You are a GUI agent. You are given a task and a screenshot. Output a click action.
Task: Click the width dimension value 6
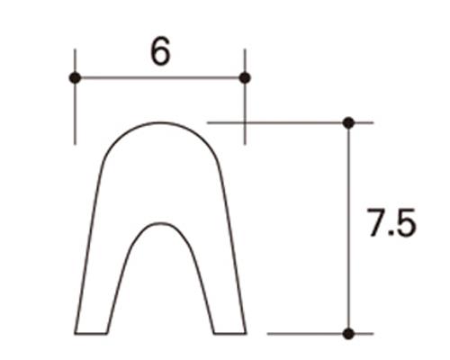pos(160,52)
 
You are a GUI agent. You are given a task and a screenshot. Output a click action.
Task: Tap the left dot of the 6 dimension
pos(75,78)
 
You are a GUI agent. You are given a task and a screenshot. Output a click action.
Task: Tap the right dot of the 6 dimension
pos(245,78)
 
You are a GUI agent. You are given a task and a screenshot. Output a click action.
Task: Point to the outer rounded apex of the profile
pos(160,123)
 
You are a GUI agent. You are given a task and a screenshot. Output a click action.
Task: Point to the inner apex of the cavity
pos(160,223)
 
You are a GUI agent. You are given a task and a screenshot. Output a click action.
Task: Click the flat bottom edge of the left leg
pos(91,333)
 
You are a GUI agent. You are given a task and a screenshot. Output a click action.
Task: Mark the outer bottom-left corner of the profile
pos(75,333)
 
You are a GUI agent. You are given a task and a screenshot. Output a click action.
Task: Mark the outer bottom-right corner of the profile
pos(246,333)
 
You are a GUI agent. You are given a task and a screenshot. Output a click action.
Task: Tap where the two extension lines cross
pos(245,121)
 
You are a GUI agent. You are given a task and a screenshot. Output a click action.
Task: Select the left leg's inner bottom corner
pos(108,333)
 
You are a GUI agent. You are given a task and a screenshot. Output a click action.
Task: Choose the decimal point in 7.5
pos(391,234)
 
